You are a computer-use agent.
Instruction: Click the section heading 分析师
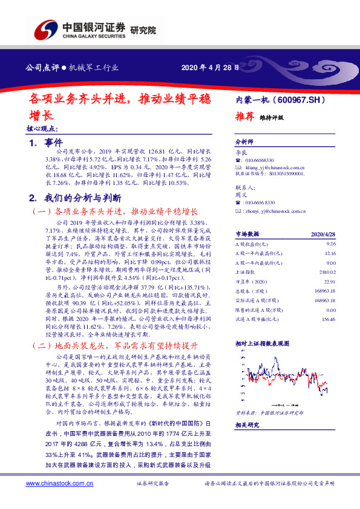[243, 138]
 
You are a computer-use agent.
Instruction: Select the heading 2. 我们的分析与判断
[75, 197]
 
